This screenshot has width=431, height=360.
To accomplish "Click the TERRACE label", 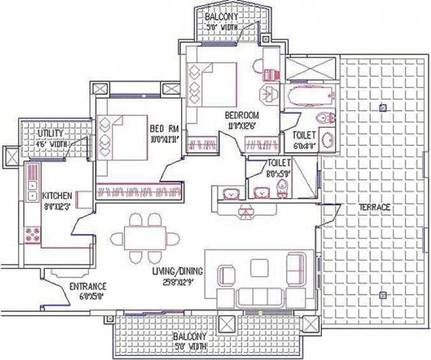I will tap(375, 208).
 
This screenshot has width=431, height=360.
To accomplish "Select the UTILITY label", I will tap(34, 134).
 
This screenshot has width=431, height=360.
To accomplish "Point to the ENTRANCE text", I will tap(88, 286).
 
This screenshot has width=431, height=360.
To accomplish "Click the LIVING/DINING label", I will tap(177, 272).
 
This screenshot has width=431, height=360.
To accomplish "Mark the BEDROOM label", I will tap(241, 116).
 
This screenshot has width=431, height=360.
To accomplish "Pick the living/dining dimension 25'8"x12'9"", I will tap(178, 282).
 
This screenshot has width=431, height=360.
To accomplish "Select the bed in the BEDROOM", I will tap(212, 80).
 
